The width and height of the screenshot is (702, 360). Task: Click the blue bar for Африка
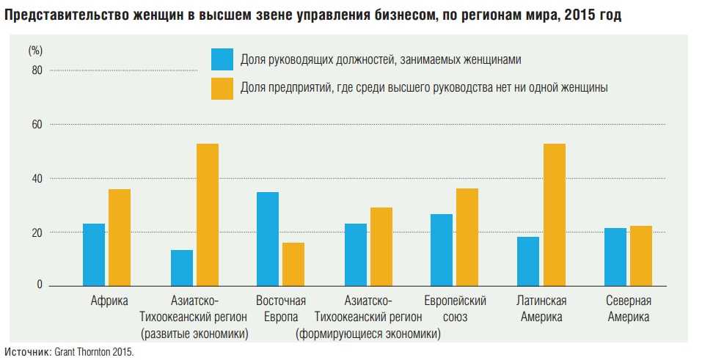coord(94,254)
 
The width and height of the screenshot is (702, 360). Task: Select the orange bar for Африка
coord(120,238)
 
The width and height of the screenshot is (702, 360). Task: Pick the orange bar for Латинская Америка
coord(555,214)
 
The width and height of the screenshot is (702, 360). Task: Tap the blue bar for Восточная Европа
coord(268,238)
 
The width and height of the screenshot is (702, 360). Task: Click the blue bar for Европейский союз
coord(442,249)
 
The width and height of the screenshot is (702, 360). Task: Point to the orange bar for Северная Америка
coord(640,256)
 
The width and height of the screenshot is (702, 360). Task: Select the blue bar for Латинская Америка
coord(528,261)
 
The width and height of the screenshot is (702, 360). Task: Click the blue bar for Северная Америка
coord(615,257)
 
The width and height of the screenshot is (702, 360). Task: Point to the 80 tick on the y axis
coord(37,70)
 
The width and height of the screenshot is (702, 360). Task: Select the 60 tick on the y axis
coord(37,125)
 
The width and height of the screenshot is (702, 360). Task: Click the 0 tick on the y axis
coord(40,285)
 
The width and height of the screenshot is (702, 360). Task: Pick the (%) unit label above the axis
coord(36,51)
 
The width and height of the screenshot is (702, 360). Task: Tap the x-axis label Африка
coord(109,301)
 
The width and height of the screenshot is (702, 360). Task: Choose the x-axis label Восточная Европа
coord(281,309)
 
